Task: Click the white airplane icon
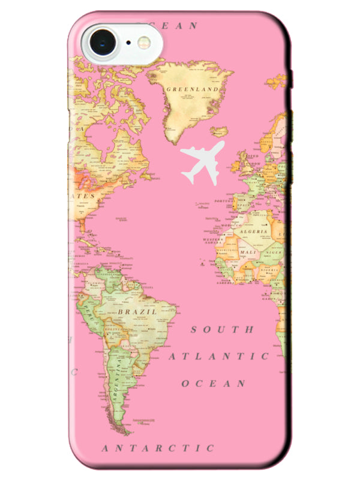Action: pos(202,161)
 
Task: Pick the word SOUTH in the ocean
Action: pos(223,329)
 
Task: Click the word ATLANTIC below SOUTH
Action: pos(218,356)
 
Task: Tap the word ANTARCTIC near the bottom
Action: pos(158,448)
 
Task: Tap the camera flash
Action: pos(145,42)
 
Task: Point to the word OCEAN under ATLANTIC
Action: pos(214,383)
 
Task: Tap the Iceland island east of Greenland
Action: pos(220,131)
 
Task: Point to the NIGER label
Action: pos(275,253)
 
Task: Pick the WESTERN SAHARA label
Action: pos(213,241)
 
